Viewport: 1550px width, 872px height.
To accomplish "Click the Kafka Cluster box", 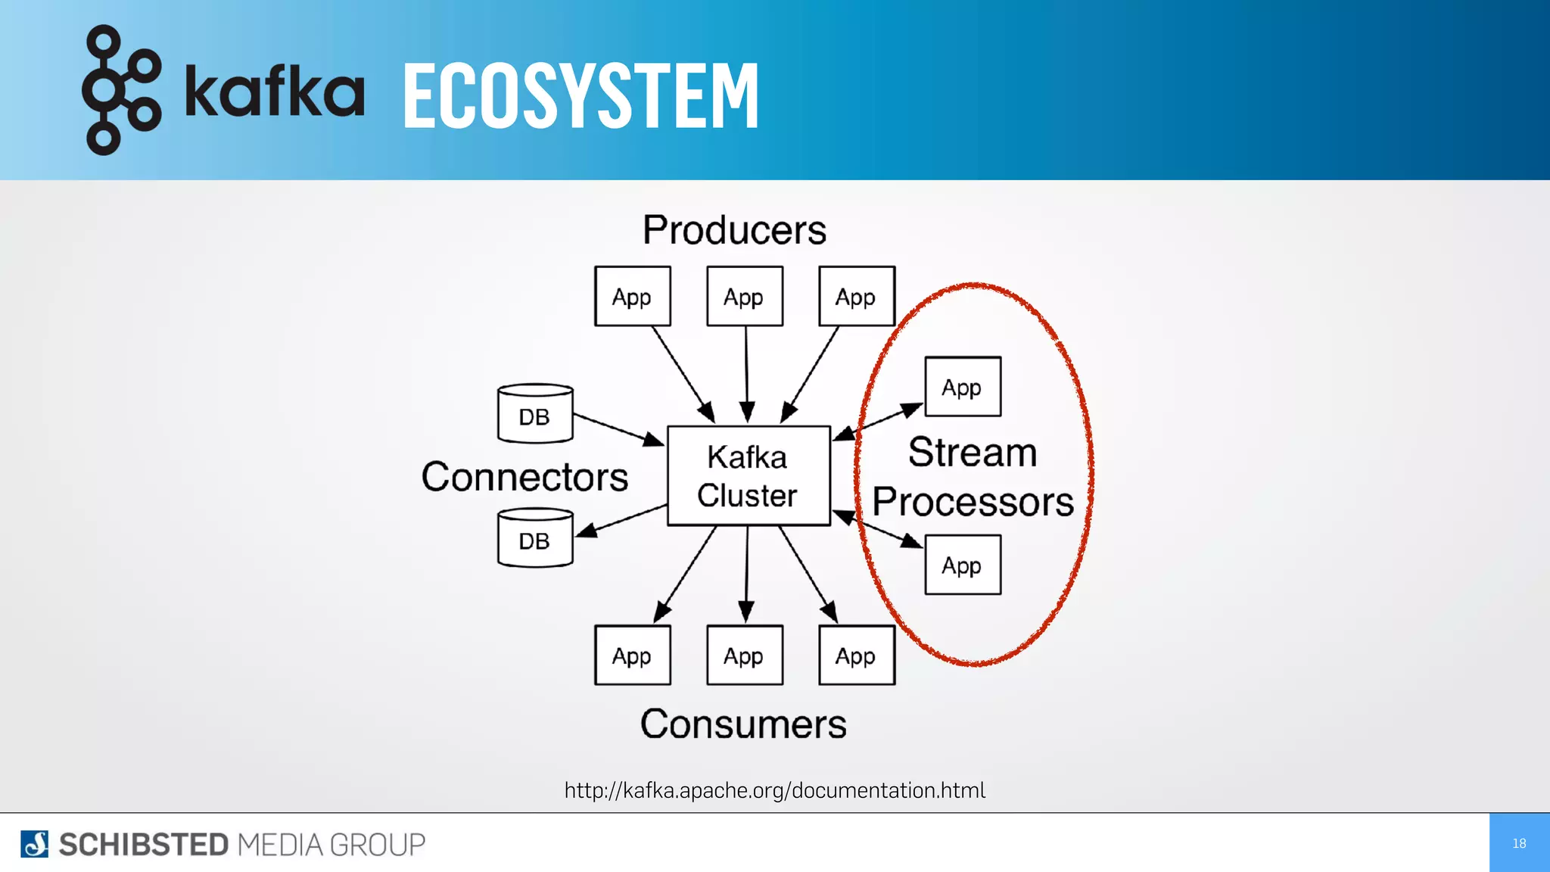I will (x=748, y=475).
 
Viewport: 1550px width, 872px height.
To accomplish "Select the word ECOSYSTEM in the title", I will (x=580, y=95).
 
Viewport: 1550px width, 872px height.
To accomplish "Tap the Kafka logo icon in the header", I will (x=121, y=89).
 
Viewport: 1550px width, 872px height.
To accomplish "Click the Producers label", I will (x=734, y=230).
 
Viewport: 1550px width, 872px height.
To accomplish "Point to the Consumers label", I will (x=743, y=724).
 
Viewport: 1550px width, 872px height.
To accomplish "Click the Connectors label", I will (x=524, y=477).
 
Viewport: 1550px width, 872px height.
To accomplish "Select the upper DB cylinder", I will (x=535, y=413).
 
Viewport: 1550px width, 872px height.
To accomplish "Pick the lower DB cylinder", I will (x=535, y=537).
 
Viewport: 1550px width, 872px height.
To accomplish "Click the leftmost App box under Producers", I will (x=632, y=296).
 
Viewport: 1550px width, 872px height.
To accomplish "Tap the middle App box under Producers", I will (x=744, y=296).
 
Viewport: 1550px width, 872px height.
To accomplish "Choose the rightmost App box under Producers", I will (x=856, y=296).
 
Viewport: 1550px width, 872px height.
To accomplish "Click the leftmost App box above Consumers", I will (x=632, y=655).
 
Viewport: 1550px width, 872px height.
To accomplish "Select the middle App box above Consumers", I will (x=744, y=655).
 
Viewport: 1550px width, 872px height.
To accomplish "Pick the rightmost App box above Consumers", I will (x=856, y=655).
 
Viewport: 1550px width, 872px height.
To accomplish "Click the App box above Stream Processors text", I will (x=962, y=387).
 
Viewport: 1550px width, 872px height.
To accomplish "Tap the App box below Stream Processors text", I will (x=962, y=565).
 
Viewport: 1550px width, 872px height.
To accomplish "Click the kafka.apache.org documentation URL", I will (x=774, y=790).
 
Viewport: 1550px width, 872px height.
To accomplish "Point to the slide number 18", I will (x=1519, y=843).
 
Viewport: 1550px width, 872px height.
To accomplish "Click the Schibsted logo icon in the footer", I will (x=34, y=844).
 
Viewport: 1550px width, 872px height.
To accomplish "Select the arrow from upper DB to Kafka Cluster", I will (x=618, y=429).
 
